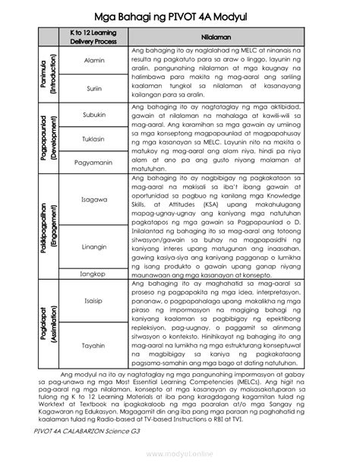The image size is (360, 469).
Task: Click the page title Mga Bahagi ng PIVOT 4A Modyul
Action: click(x=180, y=14)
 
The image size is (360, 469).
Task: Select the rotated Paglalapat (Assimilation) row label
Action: click(x=48, y=323)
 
